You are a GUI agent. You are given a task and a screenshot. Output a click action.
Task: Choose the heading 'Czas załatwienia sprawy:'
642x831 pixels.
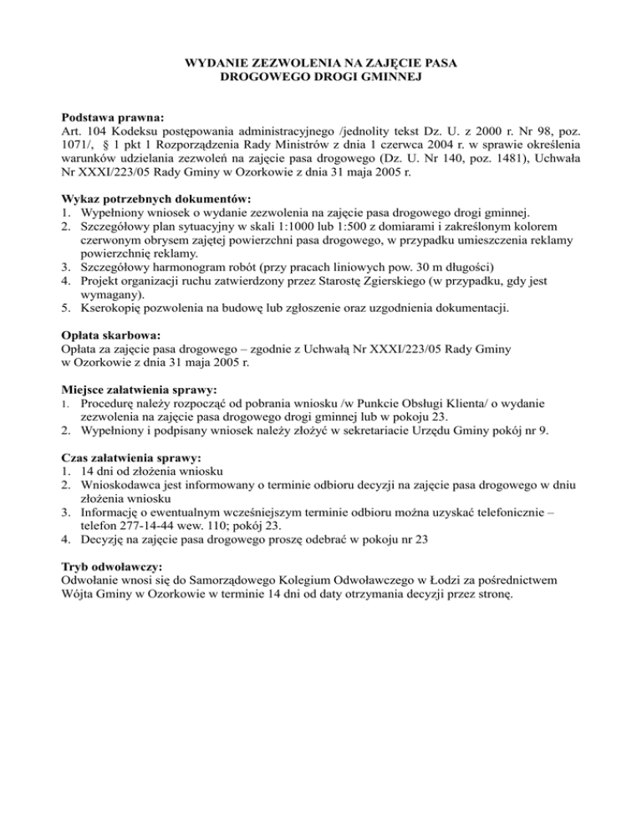coord(132,458)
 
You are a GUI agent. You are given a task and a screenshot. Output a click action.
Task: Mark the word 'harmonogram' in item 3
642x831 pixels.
coord(199,267)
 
